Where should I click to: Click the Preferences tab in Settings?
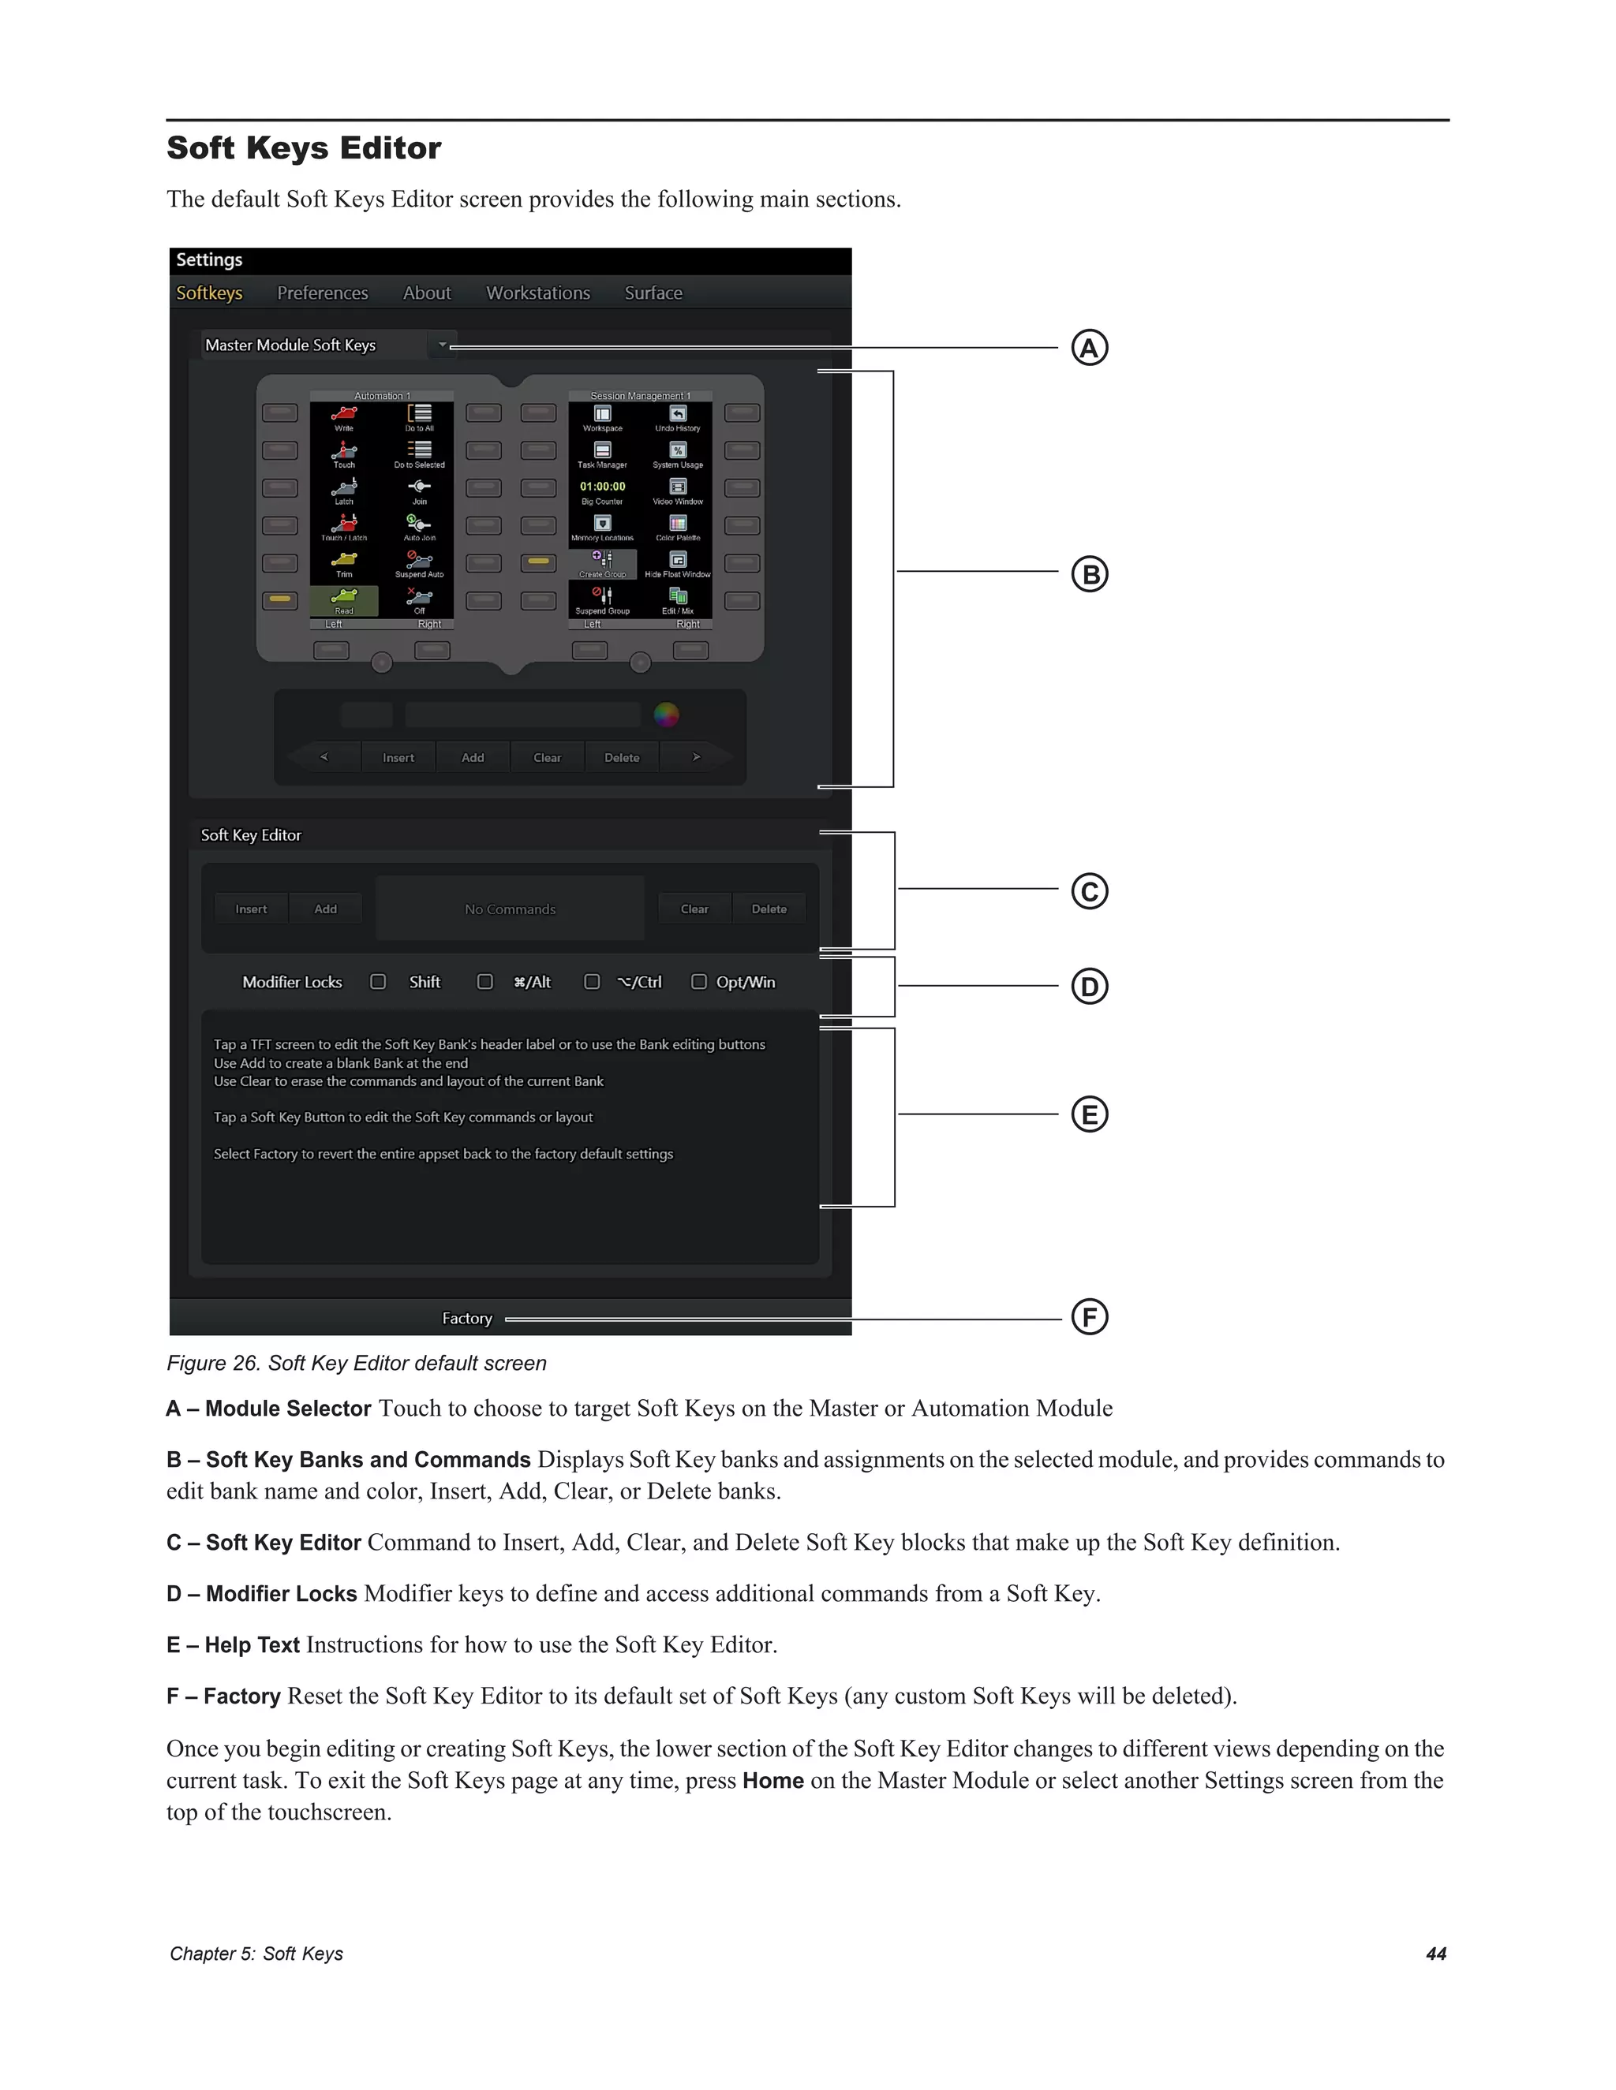point(322,293)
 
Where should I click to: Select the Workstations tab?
point(537,293)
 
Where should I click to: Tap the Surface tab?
point(653,293)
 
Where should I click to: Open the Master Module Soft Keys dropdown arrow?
point(443,345)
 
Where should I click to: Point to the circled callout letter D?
point(1088,986)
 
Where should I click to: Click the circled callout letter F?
point(1088,1317)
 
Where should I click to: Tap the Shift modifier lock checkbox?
point(378,982)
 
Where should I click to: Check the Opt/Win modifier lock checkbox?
point(699,982)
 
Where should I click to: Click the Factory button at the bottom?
point(466,1319)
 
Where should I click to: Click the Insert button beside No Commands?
point(251,909)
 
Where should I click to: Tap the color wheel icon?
point(666,714)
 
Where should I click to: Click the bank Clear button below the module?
point(547,758)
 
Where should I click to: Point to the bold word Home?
point(772,1781)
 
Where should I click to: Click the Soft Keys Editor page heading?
point(304,148)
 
